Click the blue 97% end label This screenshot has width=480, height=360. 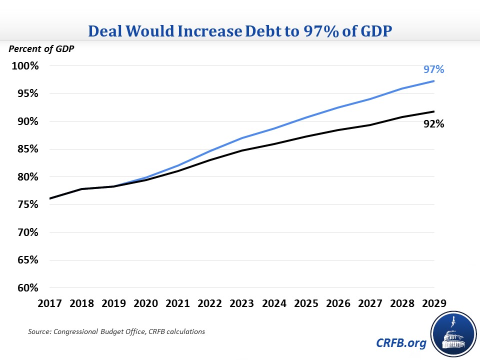pos(434,69)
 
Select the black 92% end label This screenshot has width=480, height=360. pos(434,123)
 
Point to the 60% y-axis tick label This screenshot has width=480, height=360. pos(25,288)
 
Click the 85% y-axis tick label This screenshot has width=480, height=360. pos(25,149)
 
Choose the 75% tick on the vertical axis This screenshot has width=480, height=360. pos(25,204)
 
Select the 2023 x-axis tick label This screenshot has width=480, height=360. pos(242,303)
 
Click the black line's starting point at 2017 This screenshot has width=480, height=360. pos(50,198)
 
